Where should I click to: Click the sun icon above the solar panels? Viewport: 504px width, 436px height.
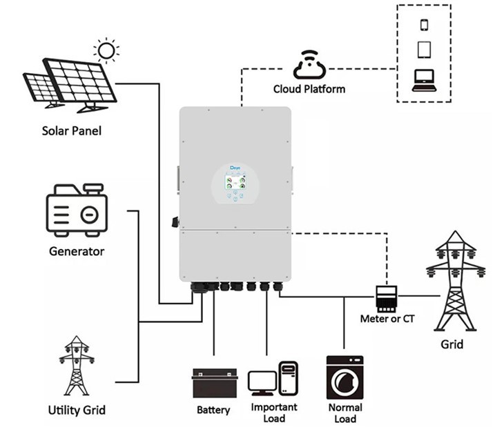pos(106,50)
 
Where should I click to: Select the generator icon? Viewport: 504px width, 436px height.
pos(77,211)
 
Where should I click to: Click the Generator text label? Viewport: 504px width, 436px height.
pos(77,251)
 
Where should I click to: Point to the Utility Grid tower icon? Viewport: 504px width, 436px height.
pos(76,365)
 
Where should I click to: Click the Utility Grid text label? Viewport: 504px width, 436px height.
pos(77,410)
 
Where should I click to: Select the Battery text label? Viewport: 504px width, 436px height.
pos(213,410)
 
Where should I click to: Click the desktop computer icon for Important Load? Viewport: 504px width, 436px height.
pos(273,379)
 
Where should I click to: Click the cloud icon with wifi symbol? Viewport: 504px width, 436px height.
pos(309,64)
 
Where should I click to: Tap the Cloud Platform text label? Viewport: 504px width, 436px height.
pos(309,89)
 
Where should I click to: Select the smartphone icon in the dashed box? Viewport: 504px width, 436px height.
pos(424,25)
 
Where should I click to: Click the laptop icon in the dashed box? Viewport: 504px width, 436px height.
pos(424,80)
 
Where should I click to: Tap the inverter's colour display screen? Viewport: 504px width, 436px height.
pos(235,183)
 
